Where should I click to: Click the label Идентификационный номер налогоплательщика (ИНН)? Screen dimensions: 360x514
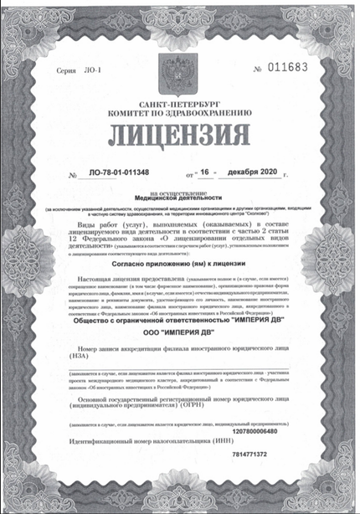[147, 462]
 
